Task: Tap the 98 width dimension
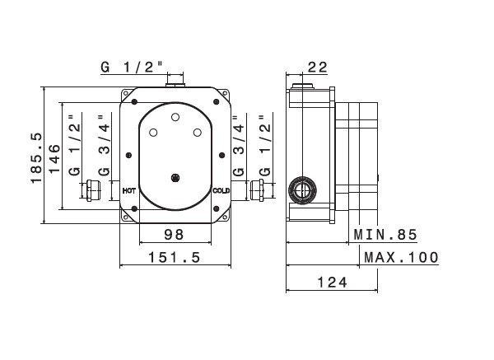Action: pos(174,235)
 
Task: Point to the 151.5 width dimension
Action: pos(174,257)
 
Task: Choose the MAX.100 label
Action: pos(400,257)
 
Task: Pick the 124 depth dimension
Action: pos(330,282)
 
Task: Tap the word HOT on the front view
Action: pos(128,190)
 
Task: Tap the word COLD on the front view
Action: pos(220,190)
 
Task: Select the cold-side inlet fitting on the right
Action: pos(257,191)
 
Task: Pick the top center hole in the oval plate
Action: pos(174,118)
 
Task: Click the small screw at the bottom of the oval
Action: pos(174,176)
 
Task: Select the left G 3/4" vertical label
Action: pos(103,147)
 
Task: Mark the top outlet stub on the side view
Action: pos(303,83)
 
